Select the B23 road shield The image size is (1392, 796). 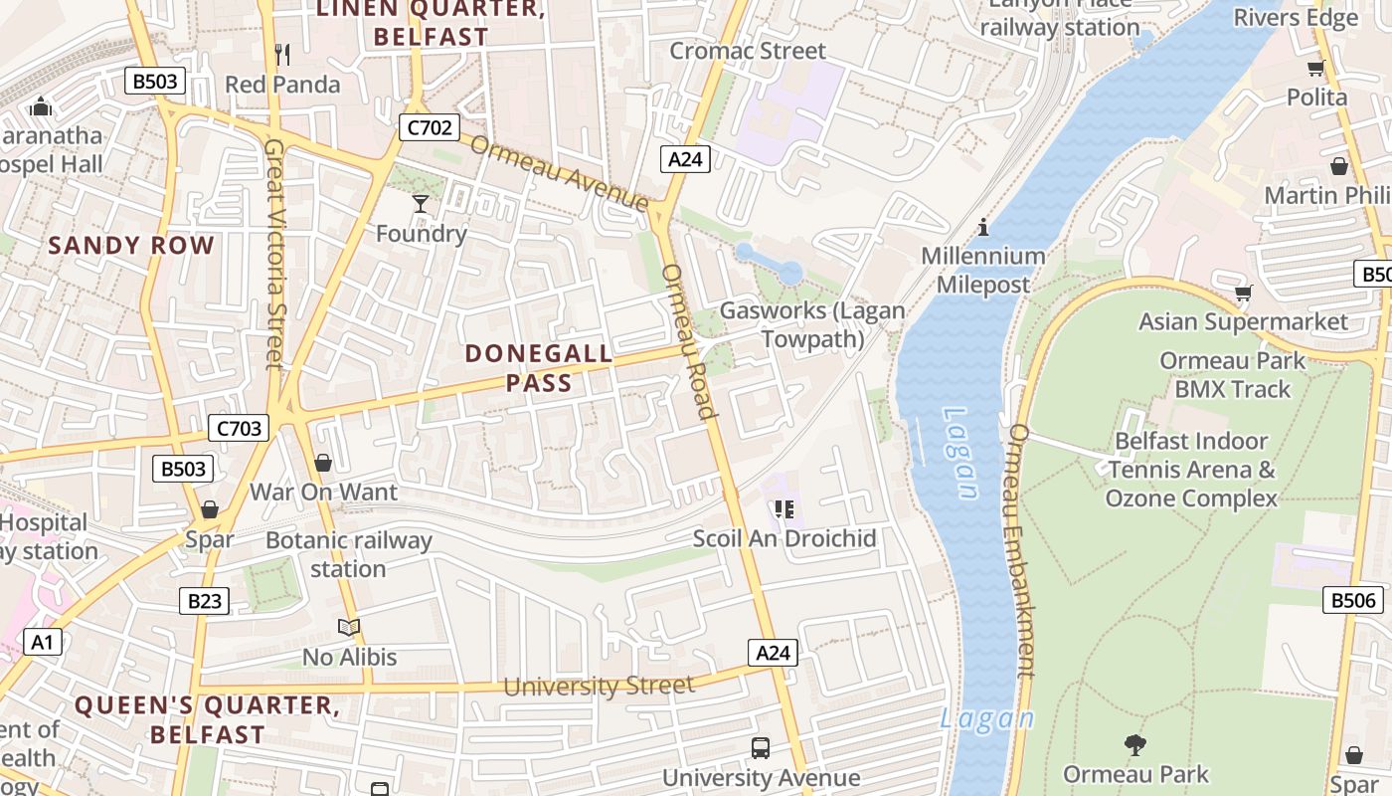(x=204, y=601)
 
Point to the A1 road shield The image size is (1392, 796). (x=41, y=642)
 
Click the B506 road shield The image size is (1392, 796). (x=1353, y=600)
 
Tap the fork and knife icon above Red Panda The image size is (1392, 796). (x=282, y=54)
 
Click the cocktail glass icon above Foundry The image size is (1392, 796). (x=421, y=204)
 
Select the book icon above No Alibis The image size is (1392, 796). (x=348, y=627)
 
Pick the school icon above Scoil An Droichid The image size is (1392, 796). (x=784, y=509)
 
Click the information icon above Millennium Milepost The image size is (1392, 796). (x=983, y=227)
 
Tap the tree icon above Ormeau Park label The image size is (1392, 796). (x=1133, y=744)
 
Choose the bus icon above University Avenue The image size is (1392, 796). (x=761, y=748)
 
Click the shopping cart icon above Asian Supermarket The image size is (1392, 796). (x=1243, y=293)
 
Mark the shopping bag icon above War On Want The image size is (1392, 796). (x=322, y=463)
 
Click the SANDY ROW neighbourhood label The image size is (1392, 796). (x=131, y=246)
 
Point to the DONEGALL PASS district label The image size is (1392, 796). (x=539, y=368)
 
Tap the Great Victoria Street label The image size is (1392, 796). (x=275, y=253)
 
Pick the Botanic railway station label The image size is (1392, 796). (x=348, y=555)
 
